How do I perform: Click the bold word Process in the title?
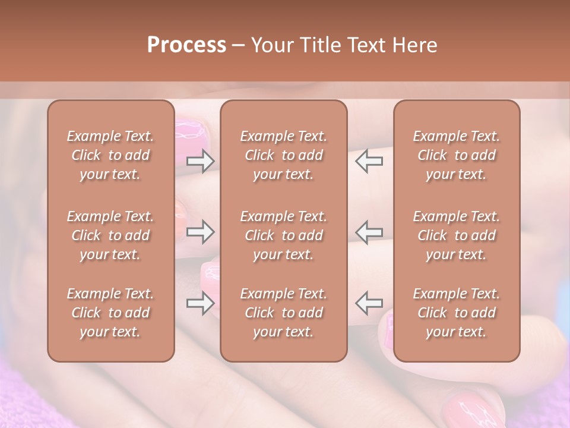pos(186,45)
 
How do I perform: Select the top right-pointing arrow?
pos(200,160)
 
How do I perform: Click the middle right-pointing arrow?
pos(200,232)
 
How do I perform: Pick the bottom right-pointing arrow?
pos(200,304)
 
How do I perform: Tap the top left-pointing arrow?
pos(369,160)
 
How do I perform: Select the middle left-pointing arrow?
pos(369,232)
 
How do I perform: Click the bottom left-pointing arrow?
pos(369,303)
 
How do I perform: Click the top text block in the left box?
pos(110,155)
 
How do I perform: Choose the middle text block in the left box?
pos(110,235)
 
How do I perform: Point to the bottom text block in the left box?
pos(110,313)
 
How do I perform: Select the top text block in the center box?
pos(283,155)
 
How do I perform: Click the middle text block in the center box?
pos(283,235)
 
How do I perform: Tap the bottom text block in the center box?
pos(283,313)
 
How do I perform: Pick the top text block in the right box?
pos(457,155)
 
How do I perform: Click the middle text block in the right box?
pos(457,235)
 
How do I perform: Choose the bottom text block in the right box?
pos(457,313)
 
